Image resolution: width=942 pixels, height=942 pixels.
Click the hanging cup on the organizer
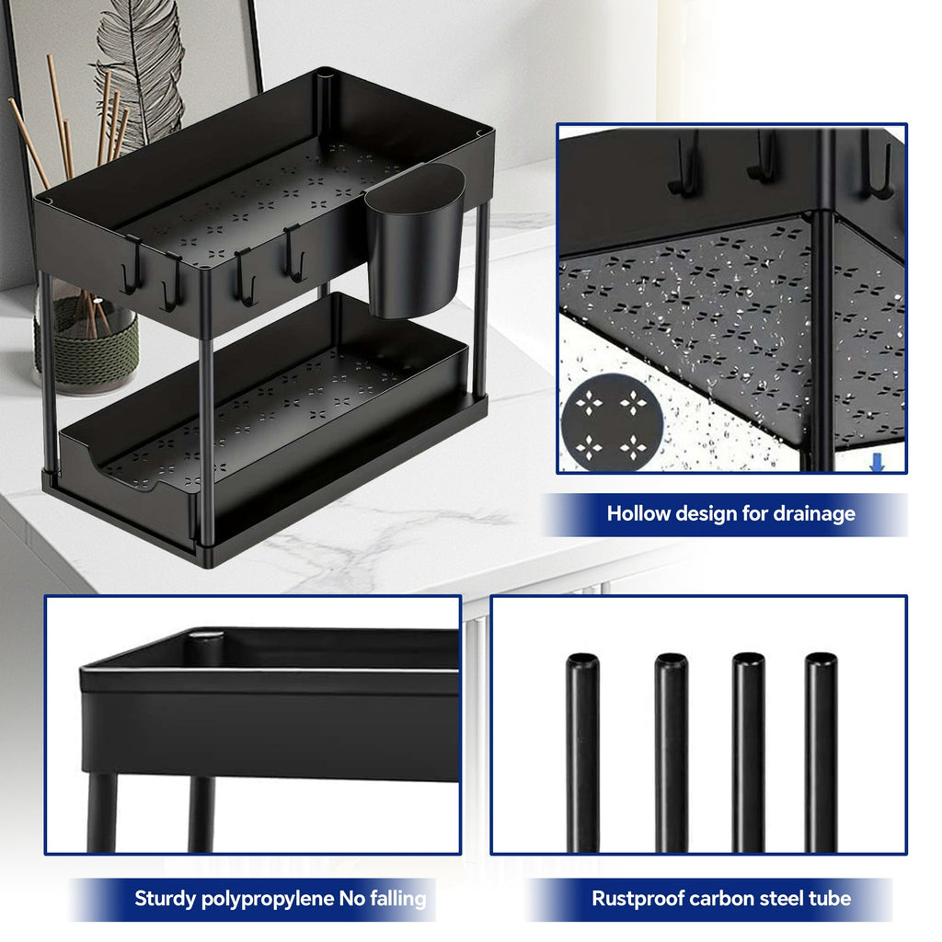415,241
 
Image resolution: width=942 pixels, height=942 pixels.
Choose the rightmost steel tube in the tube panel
821,752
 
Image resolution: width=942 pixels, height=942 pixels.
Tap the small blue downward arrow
877,462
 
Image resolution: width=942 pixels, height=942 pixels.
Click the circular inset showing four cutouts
612,423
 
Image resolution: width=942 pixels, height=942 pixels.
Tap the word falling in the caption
398,900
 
